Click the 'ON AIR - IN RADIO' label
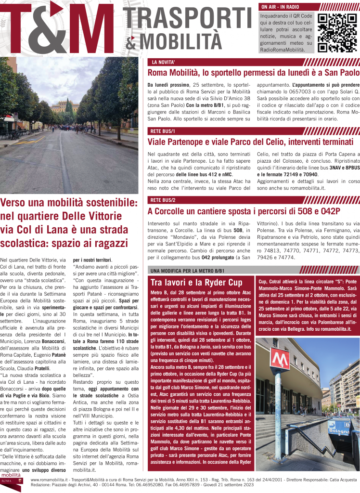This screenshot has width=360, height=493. tap(280, 7)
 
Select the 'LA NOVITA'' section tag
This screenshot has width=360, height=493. tap(163, 63)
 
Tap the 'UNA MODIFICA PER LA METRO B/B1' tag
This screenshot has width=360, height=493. tap(188, 271)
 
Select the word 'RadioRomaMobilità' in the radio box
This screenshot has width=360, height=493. tap(282, 50)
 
